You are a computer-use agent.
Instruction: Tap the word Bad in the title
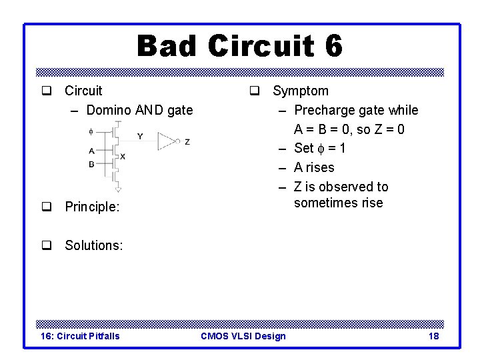point(167,47)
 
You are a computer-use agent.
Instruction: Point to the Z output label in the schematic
point(187,141)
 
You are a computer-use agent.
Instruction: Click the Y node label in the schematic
point(140,136)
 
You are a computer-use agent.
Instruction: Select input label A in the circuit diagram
point(91,151)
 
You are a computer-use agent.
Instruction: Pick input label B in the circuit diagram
point(91,163)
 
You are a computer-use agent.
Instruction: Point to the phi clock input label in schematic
point(91,131)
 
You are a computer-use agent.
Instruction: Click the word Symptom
point(300,91)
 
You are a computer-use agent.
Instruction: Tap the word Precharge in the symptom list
point(325,110)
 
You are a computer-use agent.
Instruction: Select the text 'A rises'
point(314,167)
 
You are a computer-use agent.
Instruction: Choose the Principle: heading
point(92,207)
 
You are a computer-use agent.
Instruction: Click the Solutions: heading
point(93,245)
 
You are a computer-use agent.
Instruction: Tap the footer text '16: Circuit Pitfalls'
point(80,336)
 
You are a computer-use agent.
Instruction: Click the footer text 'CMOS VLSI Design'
point(243,336)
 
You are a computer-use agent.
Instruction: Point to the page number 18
point(433,336)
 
